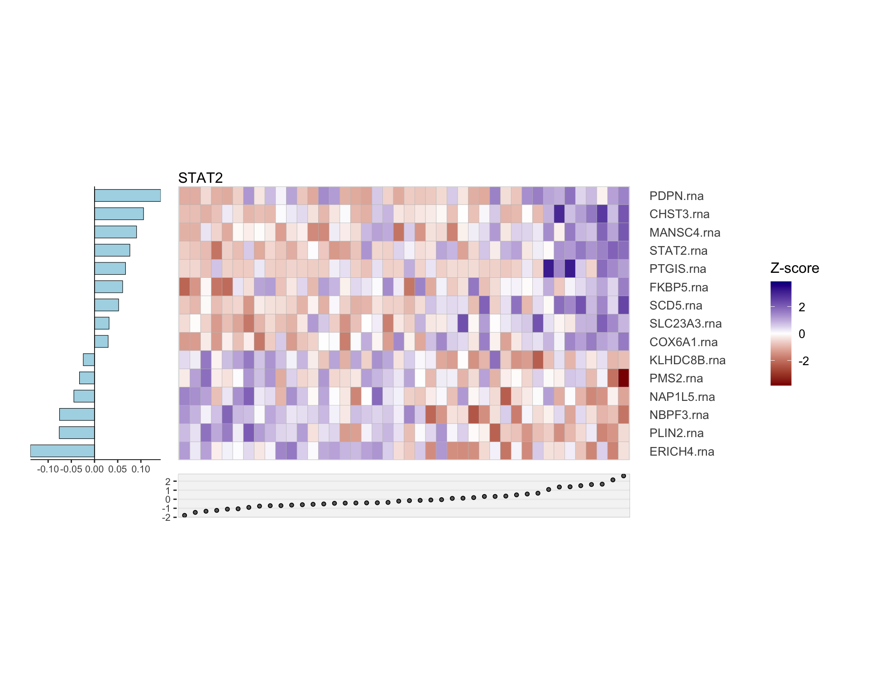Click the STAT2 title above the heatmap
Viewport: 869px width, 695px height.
(201, 178)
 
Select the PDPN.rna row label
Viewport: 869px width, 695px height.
(676, 196)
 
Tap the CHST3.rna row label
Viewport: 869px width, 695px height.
(679, 214)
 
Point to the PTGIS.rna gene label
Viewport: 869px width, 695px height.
(678, 269)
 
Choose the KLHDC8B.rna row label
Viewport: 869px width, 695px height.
(687, 360)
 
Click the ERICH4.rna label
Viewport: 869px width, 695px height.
(682, 452)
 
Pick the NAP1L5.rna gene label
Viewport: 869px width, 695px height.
(682, 397)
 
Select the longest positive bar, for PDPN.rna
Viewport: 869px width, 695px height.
(128, 195)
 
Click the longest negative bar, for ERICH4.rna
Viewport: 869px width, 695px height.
(62, 451)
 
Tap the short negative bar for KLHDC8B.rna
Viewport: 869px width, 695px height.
(89, 360)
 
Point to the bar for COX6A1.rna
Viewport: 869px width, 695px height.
(101, 341)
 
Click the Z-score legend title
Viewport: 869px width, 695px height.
(794, 268)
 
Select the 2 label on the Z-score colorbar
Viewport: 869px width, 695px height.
(802, 307)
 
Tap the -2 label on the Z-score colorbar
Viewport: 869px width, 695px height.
(803, 361)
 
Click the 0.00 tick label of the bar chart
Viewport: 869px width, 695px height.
(94, 469)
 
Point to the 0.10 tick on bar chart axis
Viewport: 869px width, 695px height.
(141, 469)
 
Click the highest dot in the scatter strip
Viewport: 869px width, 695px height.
(624, 476)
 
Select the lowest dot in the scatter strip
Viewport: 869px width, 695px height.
(184, 515)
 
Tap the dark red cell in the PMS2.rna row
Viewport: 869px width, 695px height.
(624, 378)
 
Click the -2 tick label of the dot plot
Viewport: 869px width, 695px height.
(167, 518)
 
